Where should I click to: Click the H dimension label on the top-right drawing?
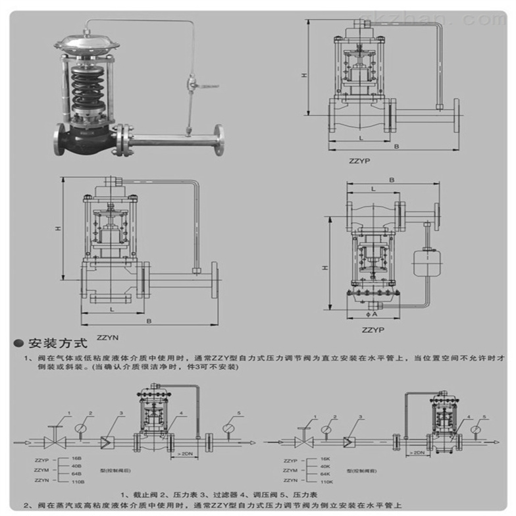304,76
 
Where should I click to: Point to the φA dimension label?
375,314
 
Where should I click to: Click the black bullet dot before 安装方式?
18,343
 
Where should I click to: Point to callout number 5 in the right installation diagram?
485,417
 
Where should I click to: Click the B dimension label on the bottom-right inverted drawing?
391,179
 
